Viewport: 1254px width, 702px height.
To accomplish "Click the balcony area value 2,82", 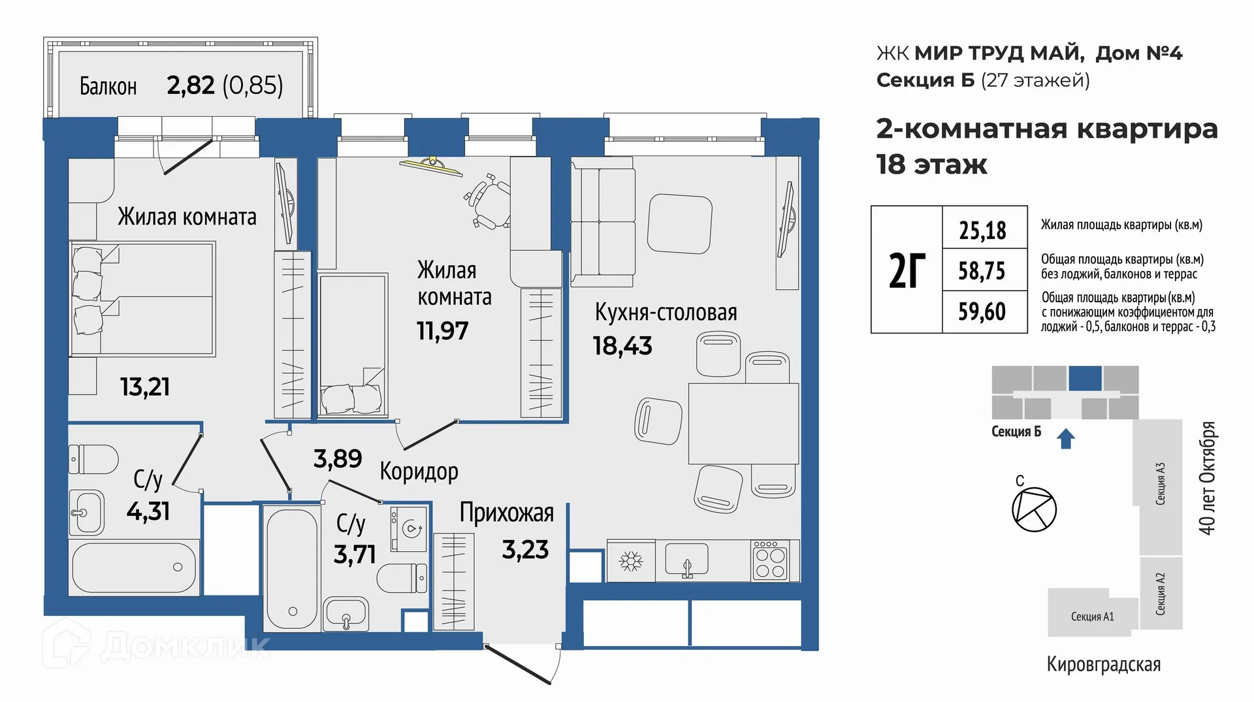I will click(191, 86).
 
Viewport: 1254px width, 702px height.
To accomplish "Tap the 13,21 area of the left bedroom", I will click(145, 387).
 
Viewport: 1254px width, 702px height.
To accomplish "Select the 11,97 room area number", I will click(442, 331).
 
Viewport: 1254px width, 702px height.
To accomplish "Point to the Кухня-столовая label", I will click(666, 312).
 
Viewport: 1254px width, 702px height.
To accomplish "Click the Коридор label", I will click(419, 471).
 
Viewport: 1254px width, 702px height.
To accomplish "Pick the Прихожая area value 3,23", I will click(525, 550).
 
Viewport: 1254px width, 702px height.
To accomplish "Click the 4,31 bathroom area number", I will click(148, 511).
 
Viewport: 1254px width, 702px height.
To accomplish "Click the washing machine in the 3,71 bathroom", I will click(409, 528).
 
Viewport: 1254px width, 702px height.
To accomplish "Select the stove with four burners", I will click(770, 560).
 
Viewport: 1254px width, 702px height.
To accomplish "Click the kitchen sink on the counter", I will click(686, 560).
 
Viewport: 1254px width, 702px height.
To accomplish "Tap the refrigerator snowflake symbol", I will click(630, 561).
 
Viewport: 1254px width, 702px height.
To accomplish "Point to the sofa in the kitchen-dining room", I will click(602, 222).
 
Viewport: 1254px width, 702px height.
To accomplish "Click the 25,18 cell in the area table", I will click(983, 230).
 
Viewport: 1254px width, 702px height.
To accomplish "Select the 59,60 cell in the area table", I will click(982, 311).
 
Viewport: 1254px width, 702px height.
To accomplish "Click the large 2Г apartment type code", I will click(907, 270).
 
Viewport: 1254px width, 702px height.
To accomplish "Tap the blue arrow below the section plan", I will click(1066, 439).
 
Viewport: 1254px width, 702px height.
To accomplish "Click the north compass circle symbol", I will click(1034, 509).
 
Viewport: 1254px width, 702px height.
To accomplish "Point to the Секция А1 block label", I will click(1092, 616).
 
